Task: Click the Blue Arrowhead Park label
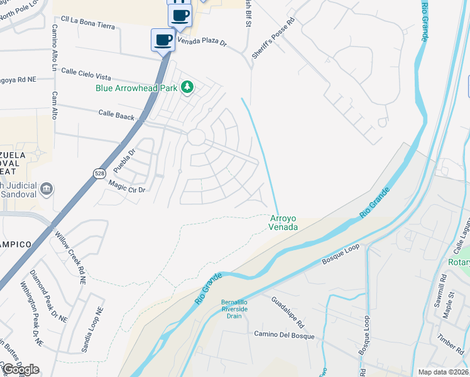point(136,89)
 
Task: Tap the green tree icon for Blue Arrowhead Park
point(187,87)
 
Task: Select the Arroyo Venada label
point(283,222)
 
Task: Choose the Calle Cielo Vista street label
point(85,74)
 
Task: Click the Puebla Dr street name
point(124,161)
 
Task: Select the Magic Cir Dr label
point(127,186)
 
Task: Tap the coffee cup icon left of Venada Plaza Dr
point(163,40)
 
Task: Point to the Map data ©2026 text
point(443,372)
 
